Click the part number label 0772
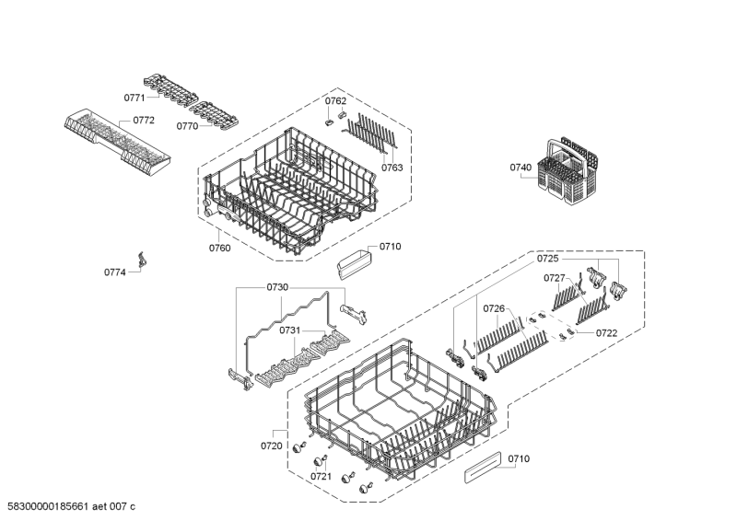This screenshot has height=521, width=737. tap(144, 121)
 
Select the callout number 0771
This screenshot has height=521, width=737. tap(135, 96)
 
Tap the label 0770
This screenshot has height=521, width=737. tap(188, 127)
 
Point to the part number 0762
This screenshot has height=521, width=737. tap(335, 100)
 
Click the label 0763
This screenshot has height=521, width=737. tap(392, 168)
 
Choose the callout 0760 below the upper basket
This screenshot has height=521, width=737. tap(219, 248)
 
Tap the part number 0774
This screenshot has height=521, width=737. tap(114, 272)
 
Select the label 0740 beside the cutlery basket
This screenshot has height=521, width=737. tap(521, 168)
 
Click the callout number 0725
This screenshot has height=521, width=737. tap(548, 260)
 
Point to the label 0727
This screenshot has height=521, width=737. tap(554, 277)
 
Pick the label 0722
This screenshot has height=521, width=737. tap(606, 332)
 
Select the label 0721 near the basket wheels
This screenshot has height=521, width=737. tap(321, 476)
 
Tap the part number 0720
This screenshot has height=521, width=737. tap(271, 446)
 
